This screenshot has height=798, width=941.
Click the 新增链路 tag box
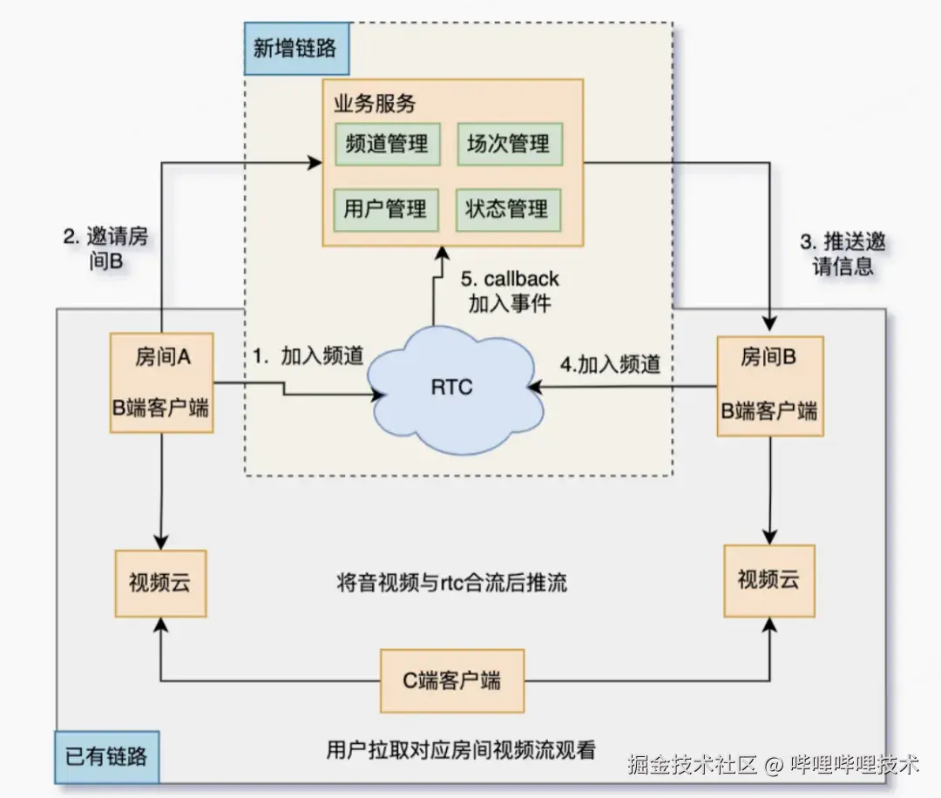point(296,49)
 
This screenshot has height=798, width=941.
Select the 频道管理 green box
point(387,144)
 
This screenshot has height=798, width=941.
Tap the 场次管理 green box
point(509,144)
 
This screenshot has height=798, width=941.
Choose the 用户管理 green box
point(387,208)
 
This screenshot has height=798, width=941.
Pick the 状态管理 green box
point(509,208)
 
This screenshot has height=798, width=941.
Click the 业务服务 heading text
point(375,105)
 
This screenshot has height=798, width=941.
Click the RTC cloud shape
point(451,386)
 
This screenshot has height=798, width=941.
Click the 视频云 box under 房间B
point(768,578)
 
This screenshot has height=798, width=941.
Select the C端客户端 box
point(452,680)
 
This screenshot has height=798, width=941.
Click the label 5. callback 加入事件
point(510,291)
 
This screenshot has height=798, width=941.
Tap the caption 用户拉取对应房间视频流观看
point(460,749)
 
